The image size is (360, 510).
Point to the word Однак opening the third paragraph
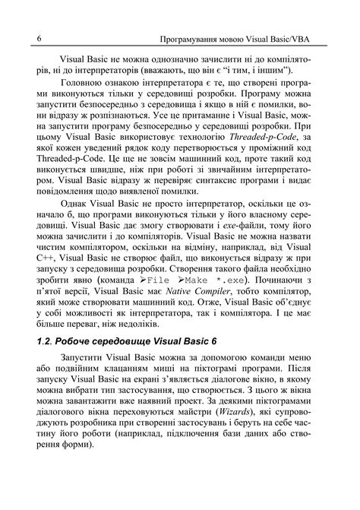click(x=74, y=230)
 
